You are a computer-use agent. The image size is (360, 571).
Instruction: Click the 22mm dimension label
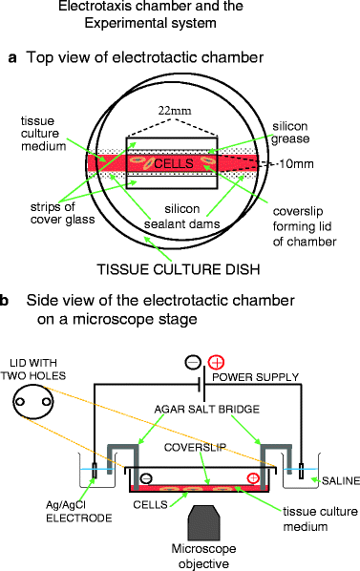pyautogui.click(x=175, y=111)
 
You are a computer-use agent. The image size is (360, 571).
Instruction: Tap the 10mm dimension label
pyautogui.click(x=296, y=164)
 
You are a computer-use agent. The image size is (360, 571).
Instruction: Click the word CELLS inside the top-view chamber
pyautogui.click(x=174, y=163)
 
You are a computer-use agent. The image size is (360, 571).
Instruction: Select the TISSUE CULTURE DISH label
pyautogui.click(x=179, y=269)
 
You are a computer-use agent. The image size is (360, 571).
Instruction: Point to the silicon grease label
pyautogui.click(x=291, y=133)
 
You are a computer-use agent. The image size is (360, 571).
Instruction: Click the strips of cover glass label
pyautogui.click(x=63, y=213)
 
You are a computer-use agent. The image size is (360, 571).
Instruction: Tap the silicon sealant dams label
pyautogui.click(x=182, y=217)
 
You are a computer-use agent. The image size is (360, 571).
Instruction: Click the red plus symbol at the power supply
pyautogui.click(x=216, y=362)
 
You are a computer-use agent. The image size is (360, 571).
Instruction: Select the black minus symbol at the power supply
pyautogui.click(x=193, y=362)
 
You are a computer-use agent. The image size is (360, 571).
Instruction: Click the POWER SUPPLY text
pyautogui.click(x=256, y=377)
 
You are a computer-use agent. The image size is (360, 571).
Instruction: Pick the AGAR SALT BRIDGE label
pyautogui.click(x=207, y=410)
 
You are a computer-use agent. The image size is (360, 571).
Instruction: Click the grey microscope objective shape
pyautogui.click(x=203, y=522)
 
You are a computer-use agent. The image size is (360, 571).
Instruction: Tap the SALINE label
pyautogui.click(x=341, y=481)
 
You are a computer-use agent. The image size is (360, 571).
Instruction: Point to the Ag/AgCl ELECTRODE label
pyautogui.click(x=79, y=512)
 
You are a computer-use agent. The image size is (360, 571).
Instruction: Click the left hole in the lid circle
pyautogui.click(x=20, y=402)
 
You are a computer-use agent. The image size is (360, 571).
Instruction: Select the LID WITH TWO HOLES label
pyautogui.click(x=33, y=370)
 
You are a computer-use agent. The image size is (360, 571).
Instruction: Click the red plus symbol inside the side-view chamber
pyautogui.click(x=253, y=478)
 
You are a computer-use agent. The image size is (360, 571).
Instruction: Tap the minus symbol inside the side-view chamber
pyautogui.click(x=146, y=478)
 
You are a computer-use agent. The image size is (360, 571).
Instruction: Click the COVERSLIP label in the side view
pyautogui.click(x=195, y=448)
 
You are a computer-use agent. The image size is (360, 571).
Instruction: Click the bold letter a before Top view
pyautogui.click(x=12, y=58)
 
